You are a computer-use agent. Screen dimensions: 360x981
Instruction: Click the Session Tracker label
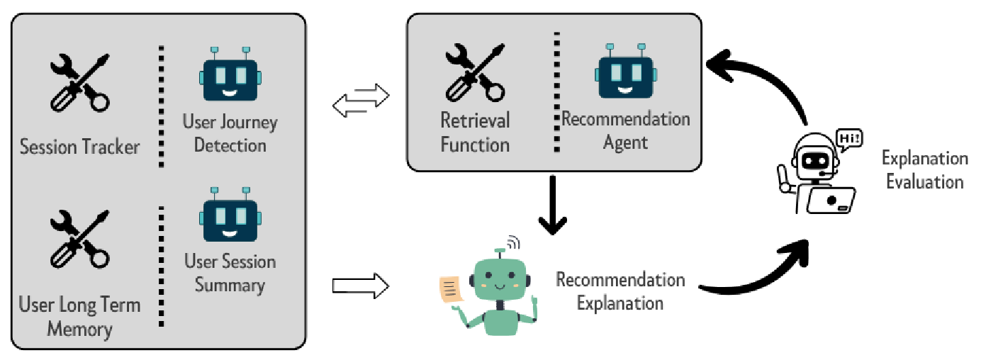[x=79, y=147]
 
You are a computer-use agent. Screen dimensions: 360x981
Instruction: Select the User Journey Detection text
[x=230, y=134]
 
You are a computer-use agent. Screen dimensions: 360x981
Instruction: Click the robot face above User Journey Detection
[x=230, y=75]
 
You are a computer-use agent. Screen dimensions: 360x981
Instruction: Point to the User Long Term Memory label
[x=79, y=317]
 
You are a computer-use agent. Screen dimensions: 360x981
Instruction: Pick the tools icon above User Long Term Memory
[x=80, y=240]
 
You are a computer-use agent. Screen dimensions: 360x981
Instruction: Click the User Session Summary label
[x=230, y=274]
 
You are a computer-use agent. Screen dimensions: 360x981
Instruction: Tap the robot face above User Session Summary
[x=230, y=214]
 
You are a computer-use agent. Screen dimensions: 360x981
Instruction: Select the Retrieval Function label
[x=475, y=133]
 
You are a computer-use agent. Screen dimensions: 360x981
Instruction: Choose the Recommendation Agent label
[x=626, y=130]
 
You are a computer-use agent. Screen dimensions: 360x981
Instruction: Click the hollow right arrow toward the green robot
[x=361, y=286]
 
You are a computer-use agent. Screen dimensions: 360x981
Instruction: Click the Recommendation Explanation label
[x=620, y=291]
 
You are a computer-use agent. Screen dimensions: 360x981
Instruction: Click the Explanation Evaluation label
[x=924, y=170]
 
